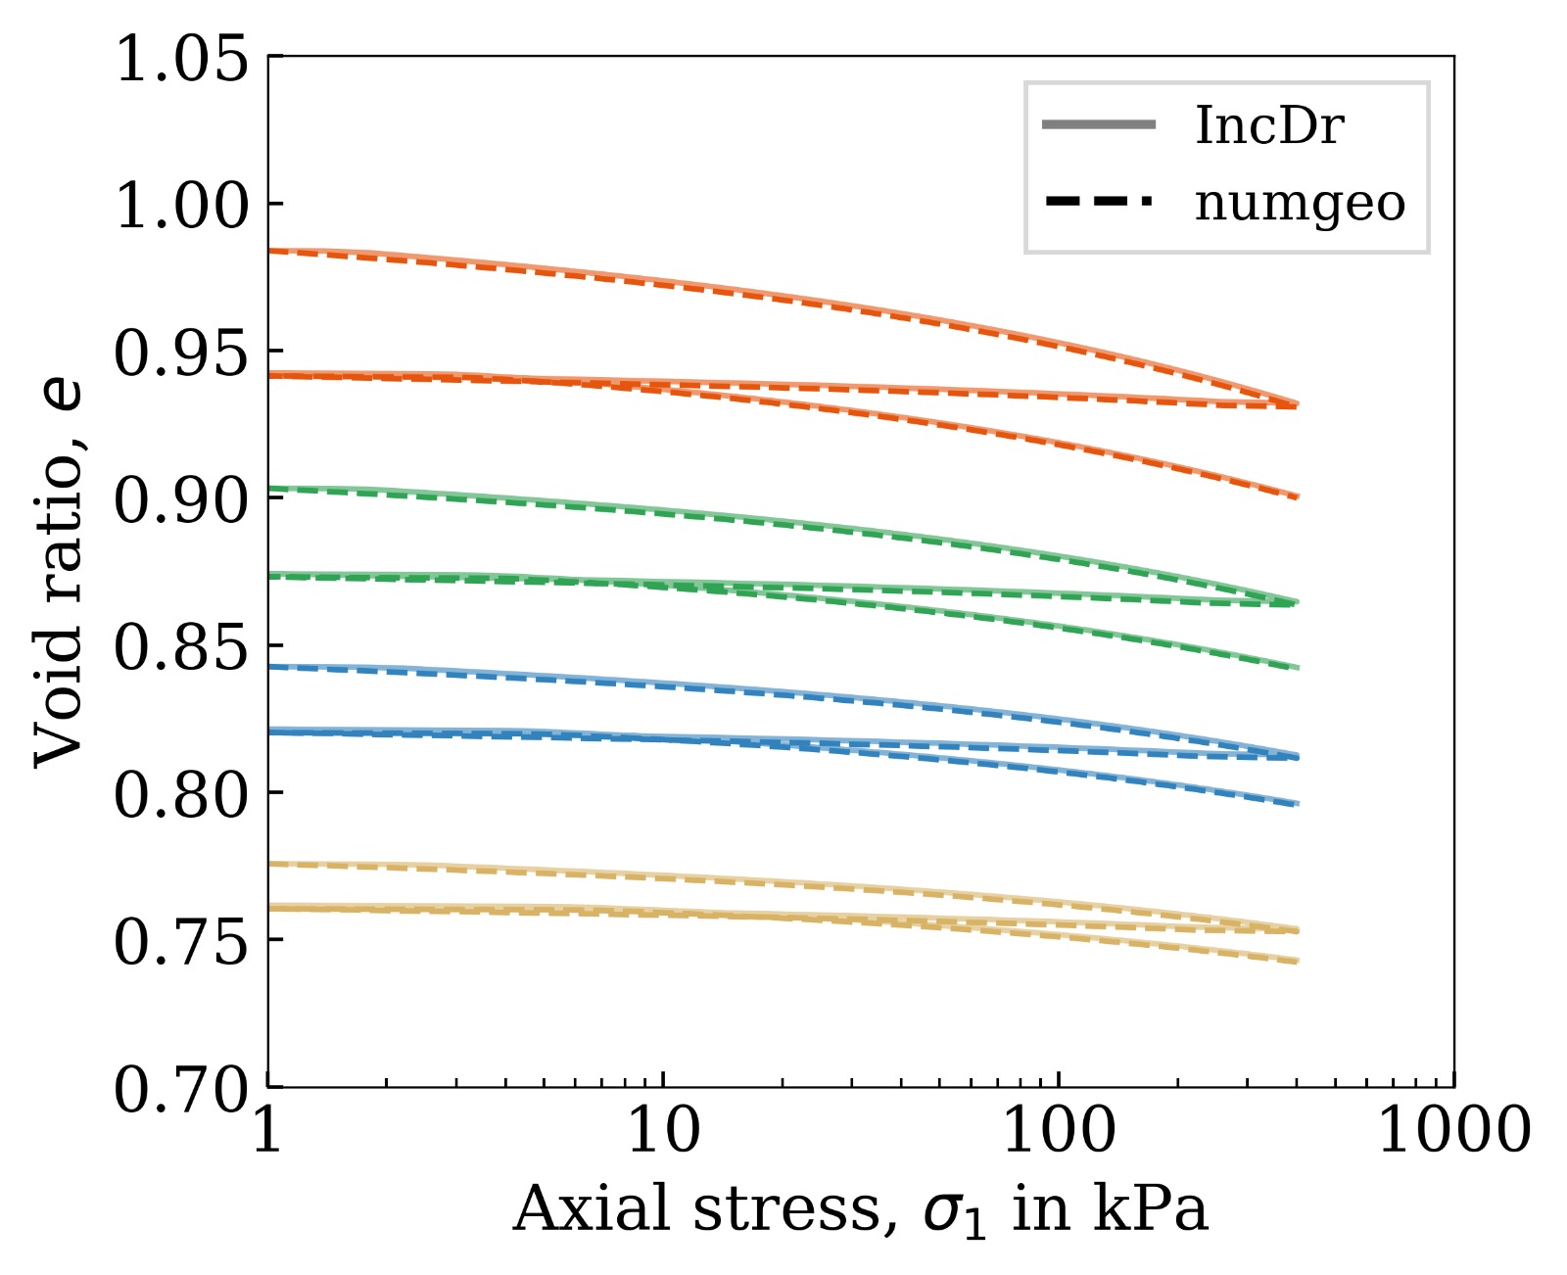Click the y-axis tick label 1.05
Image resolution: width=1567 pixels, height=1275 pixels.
point(181,60)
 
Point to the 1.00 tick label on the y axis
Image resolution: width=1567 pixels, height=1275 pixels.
point(181,207)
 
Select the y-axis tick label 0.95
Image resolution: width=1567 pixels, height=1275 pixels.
point(181,354)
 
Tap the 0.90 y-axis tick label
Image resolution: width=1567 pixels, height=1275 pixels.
point(181,501)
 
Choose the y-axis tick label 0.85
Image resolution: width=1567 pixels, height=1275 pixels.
point(181,648)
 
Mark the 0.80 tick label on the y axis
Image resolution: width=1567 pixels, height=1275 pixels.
point(181,796)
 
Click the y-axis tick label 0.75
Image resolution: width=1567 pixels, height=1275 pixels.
point(181,943)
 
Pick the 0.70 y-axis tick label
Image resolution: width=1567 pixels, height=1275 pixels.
point(181,1090)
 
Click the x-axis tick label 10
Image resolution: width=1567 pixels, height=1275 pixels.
point(663,1131)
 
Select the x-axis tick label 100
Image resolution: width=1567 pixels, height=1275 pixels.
point(1059,1131)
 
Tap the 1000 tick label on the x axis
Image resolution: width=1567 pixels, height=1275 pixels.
point(1454,1131)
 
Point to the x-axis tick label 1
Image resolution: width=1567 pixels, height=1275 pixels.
point(267,1131)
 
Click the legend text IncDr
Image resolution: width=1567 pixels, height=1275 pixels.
point(1269,126)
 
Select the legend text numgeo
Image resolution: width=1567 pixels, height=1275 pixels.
point(1300,204)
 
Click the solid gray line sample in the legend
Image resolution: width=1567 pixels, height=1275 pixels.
point(1099,125)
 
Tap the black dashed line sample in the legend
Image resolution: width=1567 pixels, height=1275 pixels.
point(1099,203)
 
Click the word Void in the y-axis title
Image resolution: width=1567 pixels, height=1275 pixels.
point(61,707)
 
